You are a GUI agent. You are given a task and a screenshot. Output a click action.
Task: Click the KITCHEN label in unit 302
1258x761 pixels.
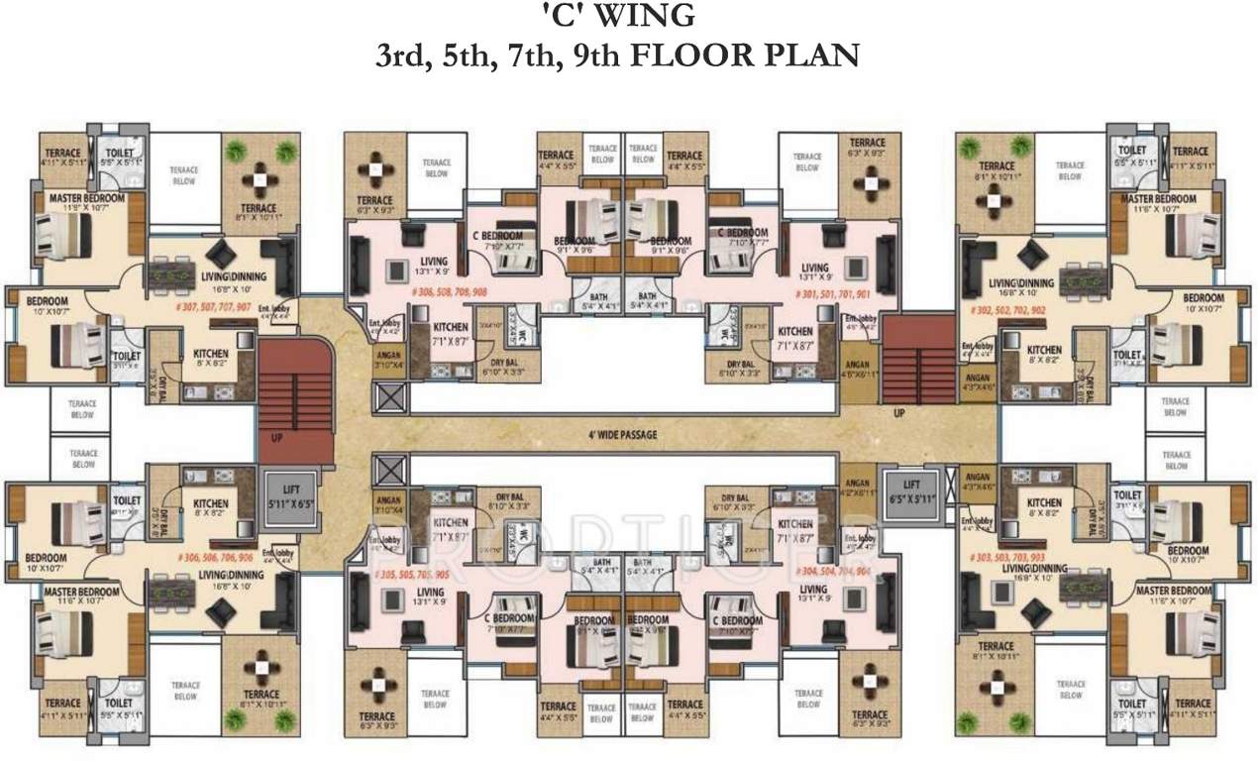1045,351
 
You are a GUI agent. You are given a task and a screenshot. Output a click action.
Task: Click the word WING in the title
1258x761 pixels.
649,16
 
